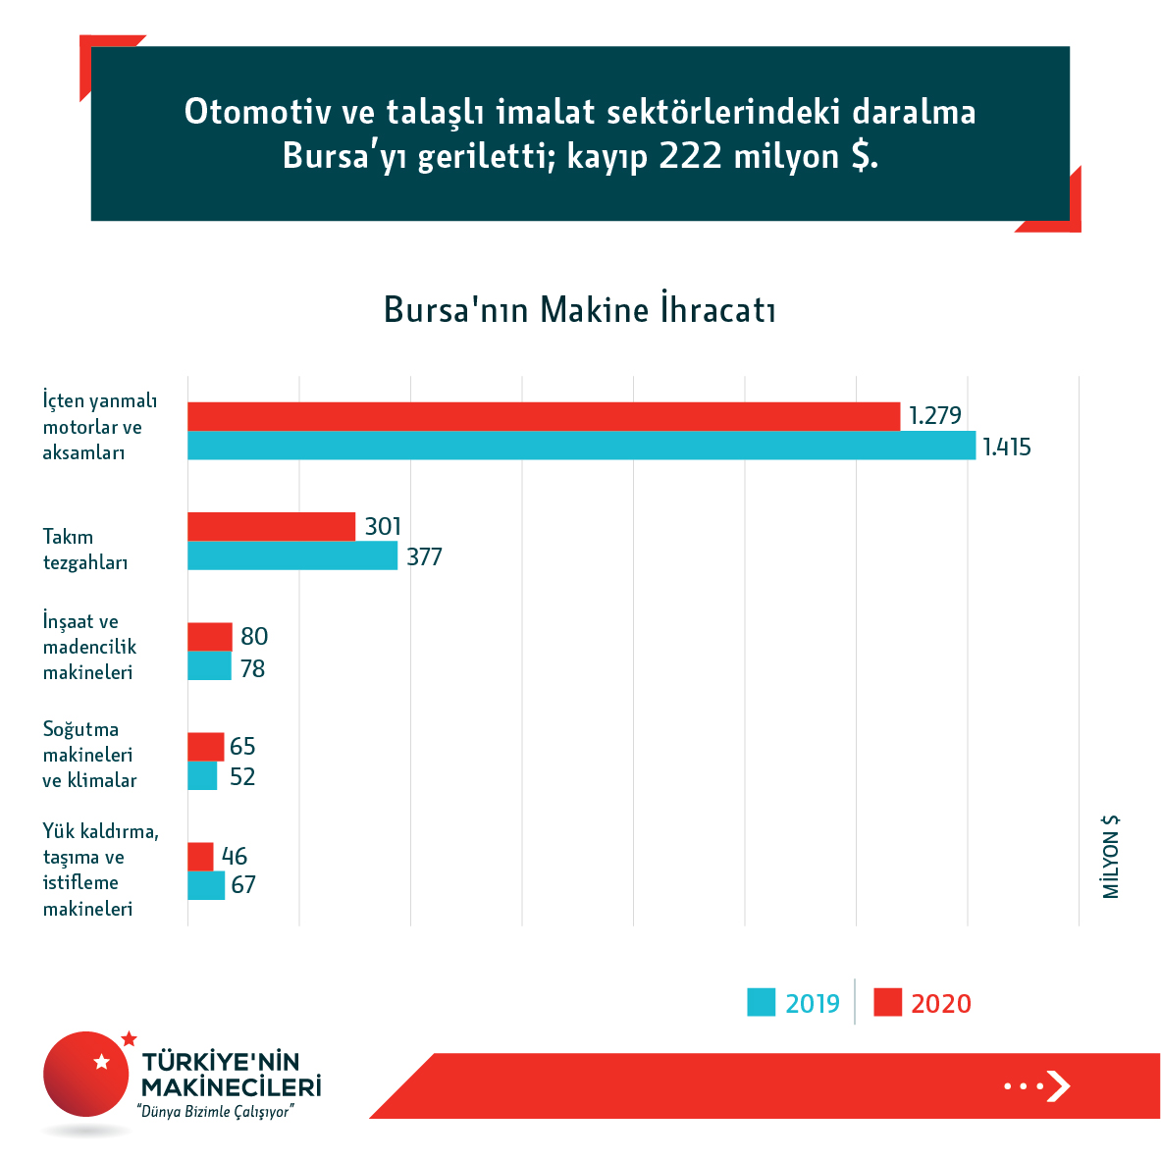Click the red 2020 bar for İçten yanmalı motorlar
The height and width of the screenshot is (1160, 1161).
point(544,416)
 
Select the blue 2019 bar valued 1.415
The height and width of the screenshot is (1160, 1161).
point(581,446)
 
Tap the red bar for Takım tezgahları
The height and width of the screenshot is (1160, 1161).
point(271,526)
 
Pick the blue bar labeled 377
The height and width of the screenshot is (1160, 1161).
point(292,555)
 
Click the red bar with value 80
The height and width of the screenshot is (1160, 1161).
point(210,636)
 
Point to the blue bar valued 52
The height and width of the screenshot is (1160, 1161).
point(202,776)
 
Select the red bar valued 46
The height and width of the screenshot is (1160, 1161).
point(200,856)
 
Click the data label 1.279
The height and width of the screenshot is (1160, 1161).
point(934,416)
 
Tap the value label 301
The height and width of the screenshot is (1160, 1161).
point(383,527)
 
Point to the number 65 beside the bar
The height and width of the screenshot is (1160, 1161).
point(242,747)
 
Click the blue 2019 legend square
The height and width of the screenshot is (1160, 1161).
point(762,1002)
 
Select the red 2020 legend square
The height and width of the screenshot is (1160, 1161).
point(887,1002)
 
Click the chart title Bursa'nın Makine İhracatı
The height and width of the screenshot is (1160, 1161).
point(580,310)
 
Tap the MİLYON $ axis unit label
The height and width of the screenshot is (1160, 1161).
point(1111,857)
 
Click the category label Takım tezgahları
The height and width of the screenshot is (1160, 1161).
point(85,550)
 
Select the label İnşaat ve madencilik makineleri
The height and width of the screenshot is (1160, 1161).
point(89,647)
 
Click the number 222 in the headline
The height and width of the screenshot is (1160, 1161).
point(692,157)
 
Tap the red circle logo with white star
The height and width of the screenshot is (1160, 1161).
point(86,1075)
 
